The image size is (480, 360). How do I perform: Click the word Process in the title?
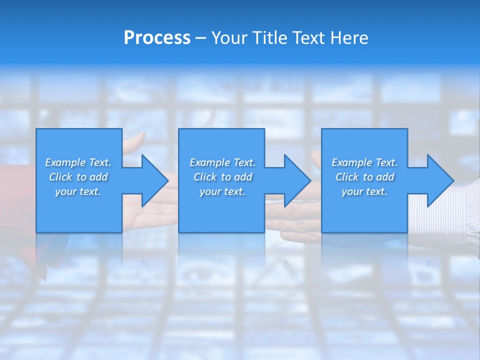pyautogui.click(x=157, y=38)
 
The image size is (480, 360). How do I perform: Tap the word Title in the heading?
pyautogui.click(x=269, y=38)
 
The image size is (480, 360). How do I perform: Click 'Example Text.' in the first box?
pyautogui.click(x=78, y=162)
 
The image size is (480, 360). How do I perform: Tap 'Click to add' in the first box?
pyautogui.click(x=78, y=177)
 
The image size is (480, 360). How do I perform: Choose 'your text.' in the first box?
pyautogui.click(x=78, y=191)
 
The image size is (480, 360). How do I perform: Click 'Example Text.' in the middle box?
pyautogui.click(x=222, y=162)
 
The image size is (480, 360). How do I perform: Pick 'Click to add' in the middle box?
pyautogui.click(x=222, y=177)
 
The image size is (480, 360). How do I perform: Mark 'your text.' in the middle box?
pyautogui.click(x=222, y=191)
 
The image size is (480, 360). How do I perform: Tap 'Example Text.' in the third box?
pyautogui.click(x=364, y=162)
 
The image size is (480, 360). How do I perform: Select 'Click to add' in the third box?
pyautogui.click(x=364, y=177)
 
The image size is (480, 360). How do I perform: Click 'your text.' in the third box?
pyautogui.click(x=364, y=191)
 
